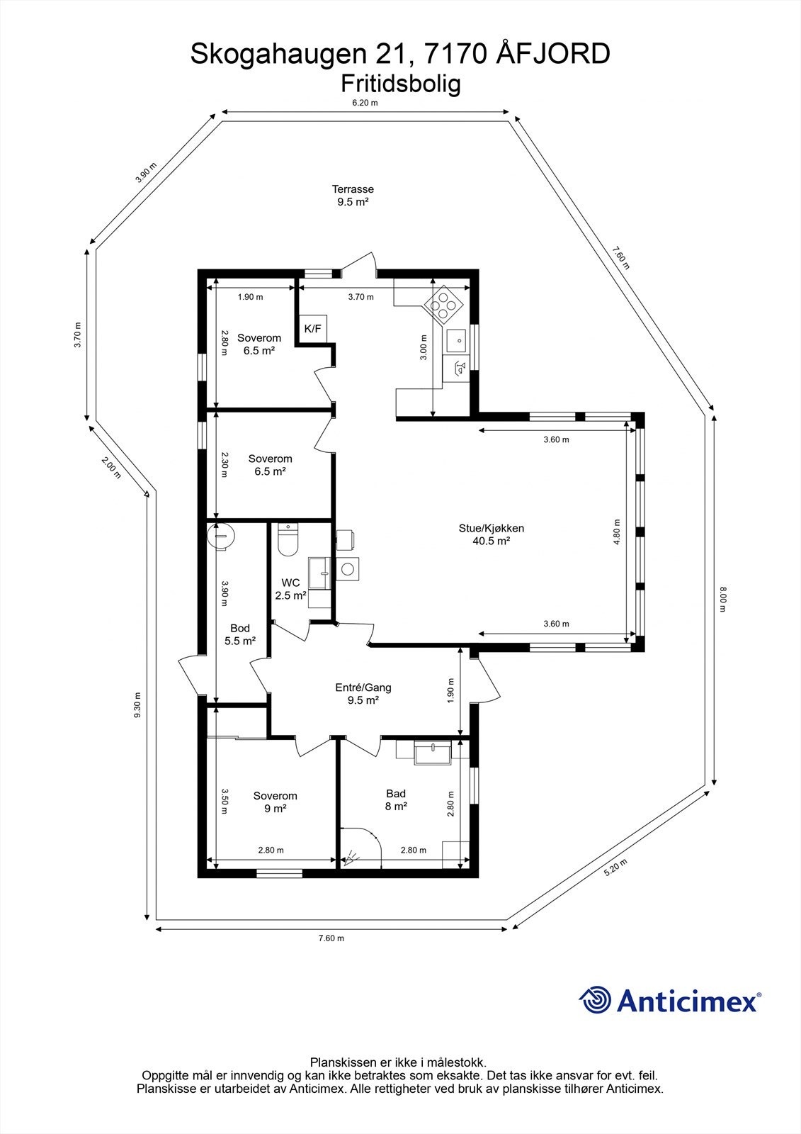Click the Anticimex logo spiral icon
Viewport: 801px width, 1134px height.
pyautogui.click(x=596, y=1000)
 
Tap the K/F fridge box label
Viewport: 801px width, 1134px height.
pyautogui.click(x=312, y=328)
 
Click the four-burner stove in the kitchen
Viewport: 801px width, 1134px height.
pyautogui.click(x=443, y=305)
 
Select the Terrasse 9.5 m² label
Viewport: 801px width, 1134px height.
pyautogui.click(x=353, y=195)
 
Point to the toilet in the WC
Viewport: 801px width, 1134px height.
pyautogui.click(x=288, y=540)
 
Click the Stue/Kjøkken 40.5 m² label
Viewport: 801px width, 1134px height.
pyautogui.click(x=491, y=534)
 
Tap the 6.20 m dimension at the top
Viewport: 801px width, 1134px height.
pyautogui.click(x=365, y=103)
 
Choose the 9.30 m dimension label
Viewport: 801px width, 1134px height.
pyautogui.click(x=138, y=705)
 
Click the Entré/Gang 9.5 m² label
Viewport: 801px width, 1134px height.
pyautogui.click(x=363, y=693)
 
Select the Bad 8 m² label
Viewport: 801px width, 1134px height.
pyautogui.click(x=396, y=799)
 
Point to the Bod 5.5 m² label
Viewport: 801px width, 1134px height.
pyautogui.click(x=240, y=634)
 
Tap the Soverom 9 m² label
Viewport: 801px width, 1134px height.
pyautogui.click(x=275, y=802)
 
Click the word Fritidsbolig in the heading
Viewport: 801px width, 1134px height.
pyautogui.click(x=401, y=84)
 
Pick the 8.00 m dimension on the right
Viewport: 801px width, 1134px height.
pyautogui.click(x=722, y=600)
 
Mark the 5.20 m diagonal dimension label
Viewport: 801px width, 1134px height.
pyautogui.click(x=615, y=868)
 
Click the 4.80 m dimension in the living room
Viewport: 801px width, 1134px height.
pyautogui.click(x=617, y=537)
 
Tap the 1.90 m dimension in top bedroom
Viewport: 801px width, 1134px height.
pyautogui.click(x=250, y=297)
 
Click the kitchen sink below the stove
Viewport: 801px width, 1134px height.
pyautogui.click(x=458, y=340)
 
